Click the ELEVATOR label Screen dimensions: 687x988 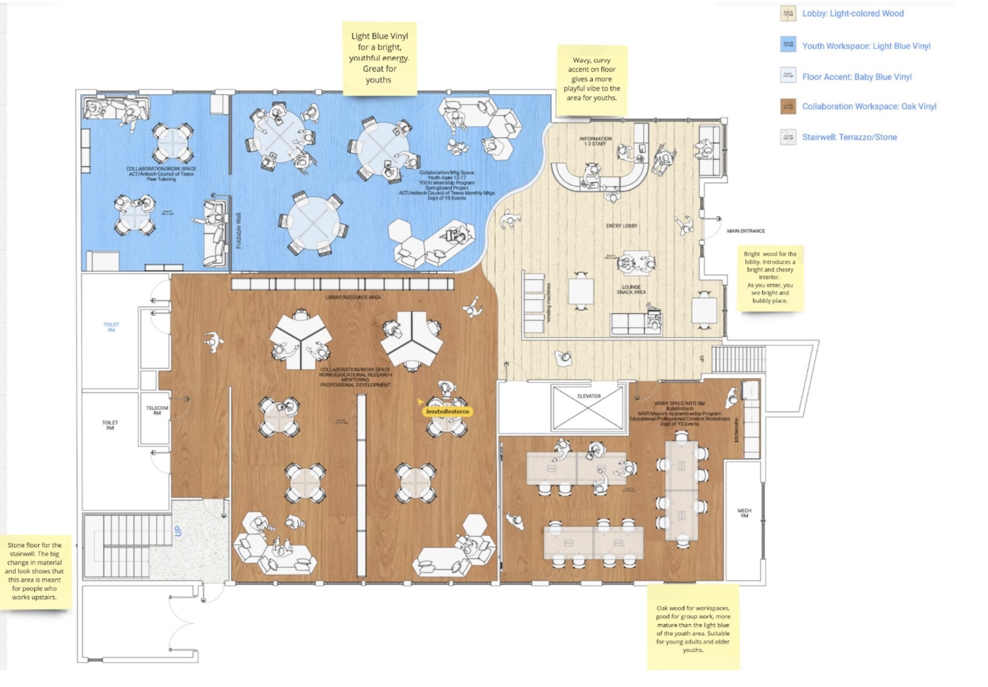(x=589, y=396)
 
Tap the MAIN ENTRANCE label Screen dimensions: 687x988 (x=745, y=231)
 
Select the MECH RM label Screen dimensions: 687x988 (x=744, y=513)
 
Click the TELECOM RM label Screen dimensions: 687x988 (x=157, y=410)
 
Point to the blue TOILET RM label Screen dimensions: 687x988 (x=111, y=327)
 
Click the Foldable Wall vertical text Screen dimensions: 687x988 (x=238, y=230)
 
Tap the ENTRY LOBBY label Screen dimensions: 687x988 (x=621, y=226)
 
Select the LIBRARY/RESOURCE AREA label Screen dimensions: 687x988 (x=353, y=297)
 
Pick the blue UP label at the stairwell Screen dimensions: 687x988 (x=178, y=531)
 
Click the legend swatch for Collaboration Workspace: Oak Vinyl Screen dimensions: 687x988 (x=788, y=106)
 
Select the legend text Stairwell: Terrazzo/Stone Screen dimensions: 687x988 (x=849, y=137)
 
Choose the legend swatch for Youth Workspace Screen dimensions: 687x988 (x=788, y=45)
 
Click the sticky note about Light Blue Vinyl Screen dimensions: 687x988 (x=379, y=59)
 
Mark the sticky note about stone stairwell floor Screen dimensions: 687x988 (x=35, y=571)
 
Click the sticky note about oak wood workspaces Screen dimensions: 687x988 (x=692, y=628)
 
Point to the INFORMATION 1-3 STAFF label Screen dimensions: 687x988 (x=595, y=142)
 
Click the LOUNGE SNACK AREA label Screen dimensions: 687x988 (x=631, y=290)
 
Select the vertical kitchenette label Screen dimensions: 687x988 (x=736, y=430)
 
